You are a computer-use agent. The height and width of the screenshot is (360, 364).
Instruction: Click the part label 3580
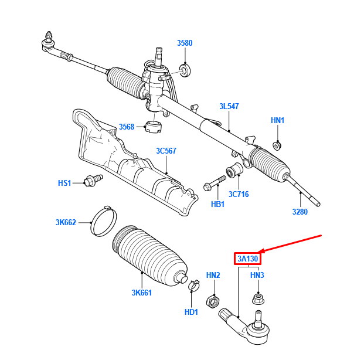coord(185,43)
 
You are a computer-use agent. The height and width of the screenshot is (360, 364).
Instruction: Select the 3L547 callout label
coord(230,106)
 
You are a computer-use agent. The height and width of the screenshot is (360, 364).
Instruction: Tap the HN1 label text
coord(277,120)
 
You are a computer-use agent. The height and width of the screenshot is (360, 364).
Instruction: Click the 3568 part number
coord(127,127)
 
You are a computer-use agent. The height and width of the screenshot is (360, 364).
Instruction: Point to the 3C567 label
coord(166,151)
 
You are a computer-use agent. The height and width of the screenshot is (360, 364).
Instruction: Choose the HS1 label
coord(64,183)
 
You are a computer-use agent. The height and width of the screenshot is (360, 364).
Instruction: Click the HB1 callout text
coord(218,204)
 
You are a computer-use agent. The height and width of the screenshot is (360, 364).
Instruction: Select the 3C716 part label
coord(239,194)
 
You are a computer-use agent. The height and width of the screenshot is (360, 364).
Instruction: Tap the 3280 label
coord(300,212)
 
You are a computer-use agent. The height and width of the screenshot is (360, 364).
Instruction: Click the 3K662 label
coord(66,222)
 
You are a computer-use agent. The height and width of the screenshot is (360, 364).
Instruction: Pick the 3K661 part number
coord(142,293)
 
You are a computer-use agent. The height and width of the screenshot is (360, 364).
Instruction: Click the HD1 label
coord(191,312)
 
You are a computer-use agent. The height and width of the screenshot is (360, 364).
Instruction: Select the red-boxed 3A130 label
coord(247,259)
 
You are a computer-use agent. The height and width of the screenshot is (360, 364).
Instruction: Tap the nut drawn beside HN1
coord(279,145)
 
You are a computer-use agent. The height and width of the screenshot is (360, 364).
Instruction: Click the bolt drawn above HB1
coord(216,182)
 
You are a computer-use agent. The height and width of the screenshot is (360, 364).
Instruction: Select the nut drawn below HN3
coord(257,299)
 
